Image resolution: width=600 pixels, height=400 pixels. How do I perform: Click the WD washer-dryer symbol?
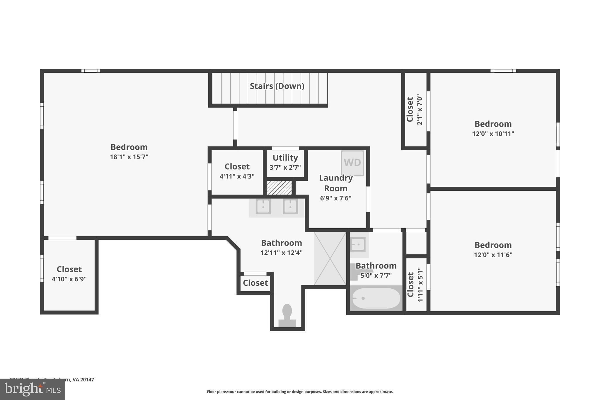pos(352,163)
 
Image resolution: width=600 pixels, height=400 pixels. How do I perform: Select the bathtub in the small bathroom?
pos(376,298)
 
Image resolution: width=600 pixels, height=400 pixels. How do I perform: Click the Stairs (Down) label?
pos(277,86)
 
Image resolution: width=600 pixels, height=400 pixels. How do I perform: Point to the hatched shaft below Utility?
pos(279,188)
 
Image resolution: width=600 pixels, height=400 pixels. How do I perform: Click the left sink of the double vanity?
pos(263,207)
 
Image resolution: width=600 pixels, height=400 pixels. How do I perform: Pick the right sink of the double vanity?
pos(290,207)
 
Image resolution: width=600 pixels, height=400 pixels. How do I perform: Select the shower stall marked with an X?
pos(330,258)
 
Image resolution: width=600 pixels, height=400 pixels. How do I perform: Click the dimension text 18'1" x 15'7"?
pos(129,157)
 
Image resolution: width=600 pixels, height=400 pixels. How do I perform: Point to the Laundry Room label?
pos(336,183)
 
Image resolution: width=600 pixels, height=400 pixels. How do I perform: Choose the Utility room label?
pos(285,158)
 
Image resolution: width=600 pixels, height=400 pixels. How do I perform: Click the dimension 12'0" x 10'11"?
pos(493,134)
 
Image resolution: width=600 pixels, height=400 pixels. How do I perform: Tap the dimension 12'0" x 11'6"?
pos(493,255)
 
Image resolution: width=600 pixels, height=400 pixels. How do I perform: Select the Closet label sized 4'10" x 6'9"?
pos(69,269)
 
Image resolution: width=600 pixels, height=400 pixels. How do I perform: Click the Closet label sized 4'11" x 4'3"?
pos(237,167)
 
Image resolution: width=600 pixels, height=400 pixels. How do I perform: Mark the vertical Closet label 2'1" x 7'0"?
pos(410,110)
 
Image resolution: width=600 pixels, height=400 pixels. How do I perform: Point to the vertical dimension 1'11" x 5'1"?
pos(420,284)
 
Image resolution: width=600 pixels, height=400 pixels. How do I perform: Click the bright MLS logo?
pos(33,389)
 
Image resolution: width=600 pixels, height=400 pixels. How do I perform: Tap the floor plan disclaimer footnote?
pos(300,392)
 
